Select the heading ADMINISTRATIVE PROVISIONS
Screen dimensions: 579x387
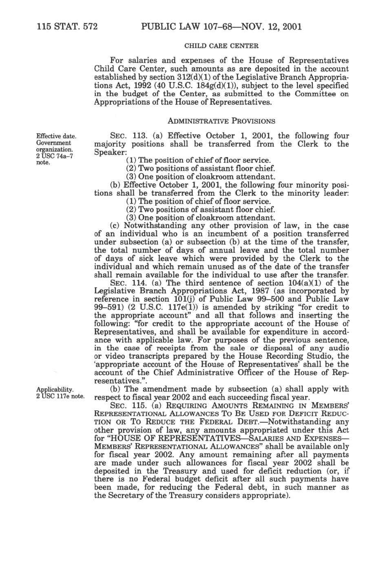click(x=221, y=121)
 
